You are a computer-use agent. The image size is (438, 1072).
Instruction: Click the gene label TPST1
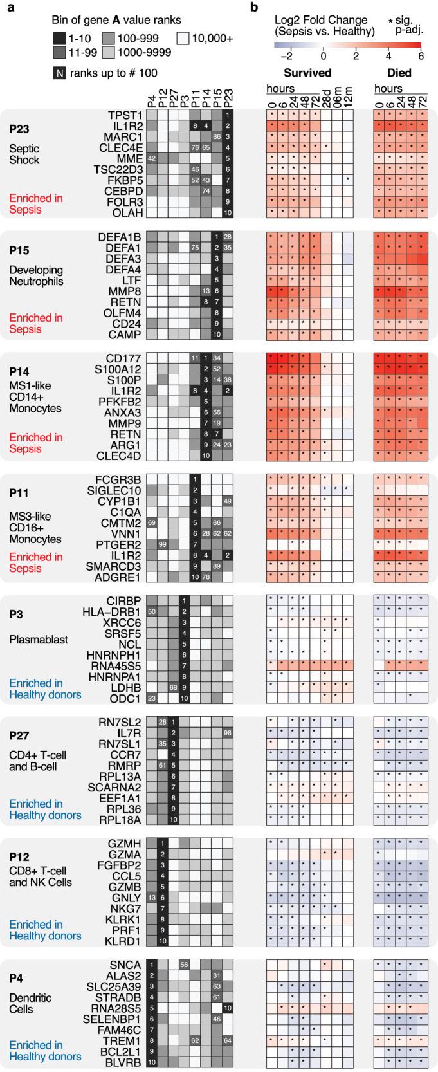click(x=126, y=115)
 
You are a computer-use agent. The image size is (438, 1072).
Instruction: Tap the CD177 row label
click(x=125, y=358)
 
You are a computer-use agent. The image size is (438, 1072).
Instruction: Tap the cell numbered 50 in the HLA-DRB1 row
click(x=152, y=611)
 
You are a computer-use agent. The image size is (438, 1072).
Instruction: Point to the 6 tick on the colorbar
click(x=421, y=56)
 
